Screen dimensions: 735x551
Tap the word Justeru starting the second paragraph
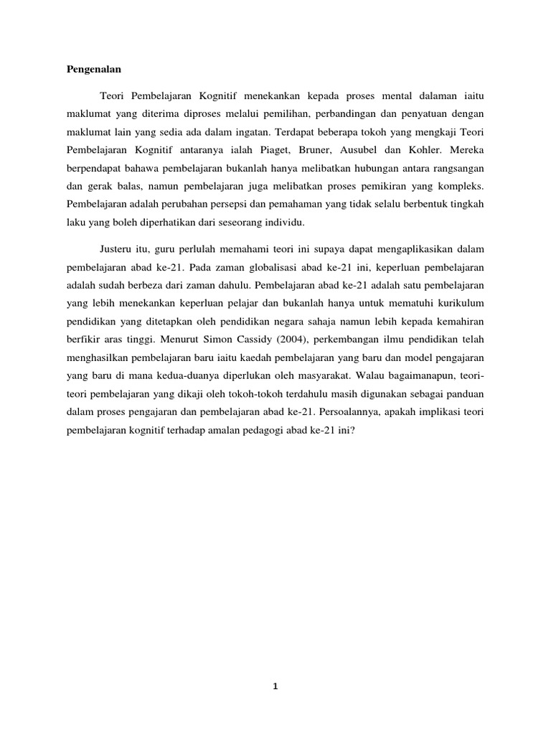click(x=116, y=248)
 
